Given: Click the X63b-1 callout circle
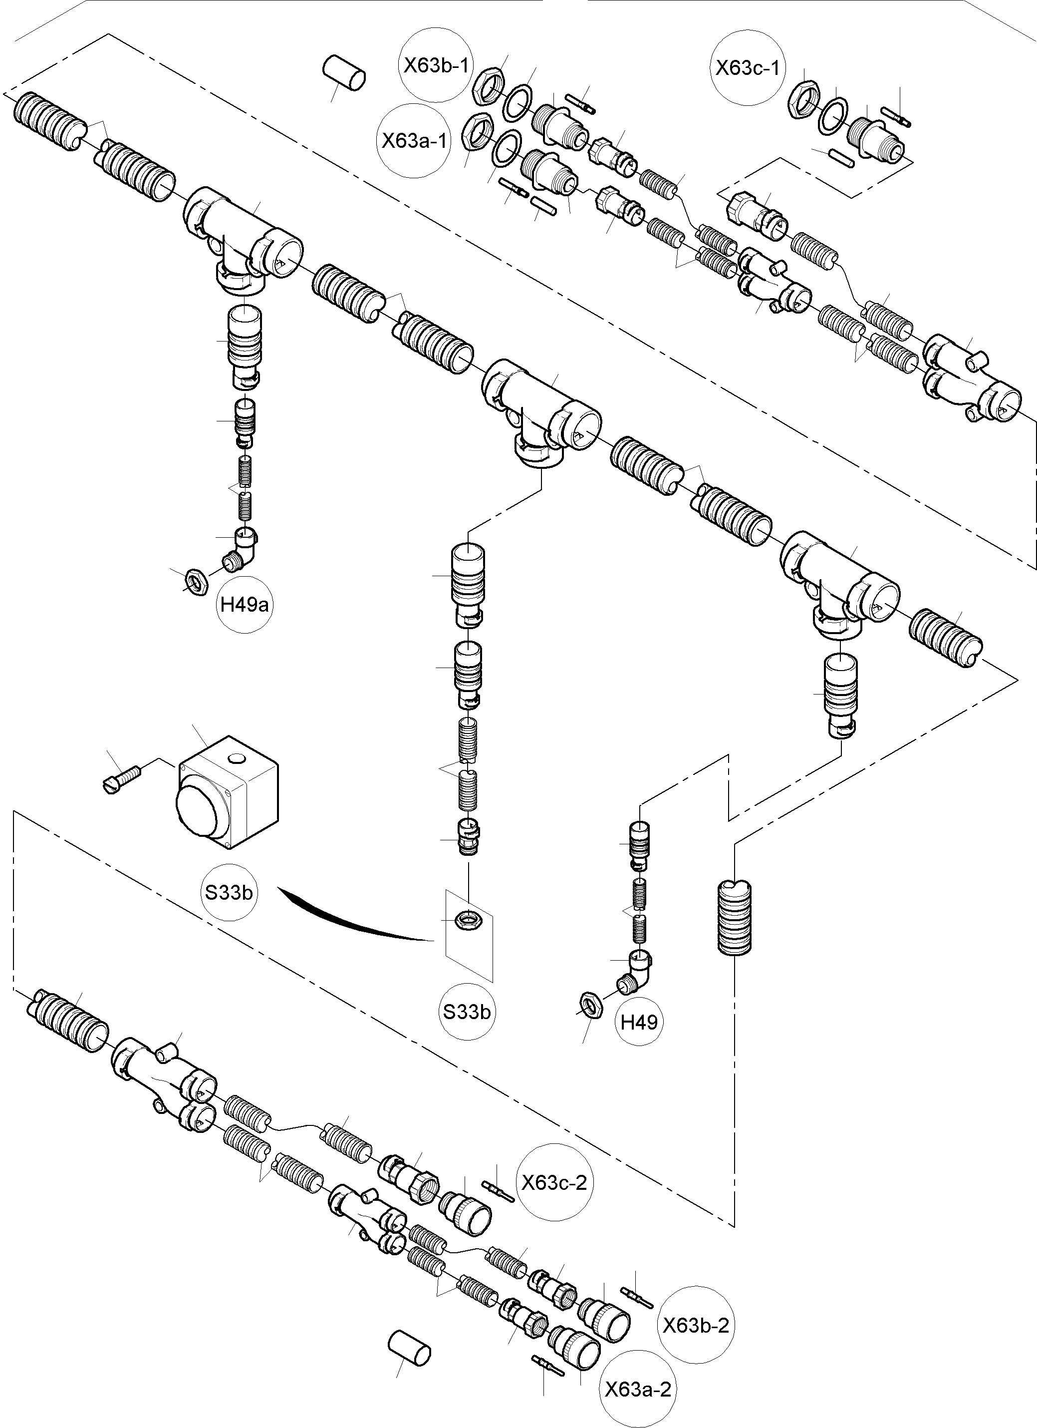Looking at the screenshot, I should coord(437,65).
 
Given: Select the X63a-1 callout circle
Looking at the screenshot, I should coord(415,140).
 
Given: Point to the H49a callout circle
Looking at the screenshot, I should coord(244,605).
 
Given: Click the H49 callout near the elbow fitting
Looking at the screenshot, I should coord(639,1021).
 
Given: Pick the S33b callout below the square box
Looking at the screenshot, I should coord(229,892).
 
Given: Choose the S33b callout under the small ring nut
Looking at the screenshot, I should coord(466,1012).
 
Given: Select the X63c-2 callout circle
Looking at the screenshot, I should coord(554,1182).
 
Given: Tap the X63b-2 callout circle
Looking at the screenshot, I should coord(696,1325).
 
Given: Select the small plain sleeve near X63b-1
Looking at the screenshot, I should coord(345,72).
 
